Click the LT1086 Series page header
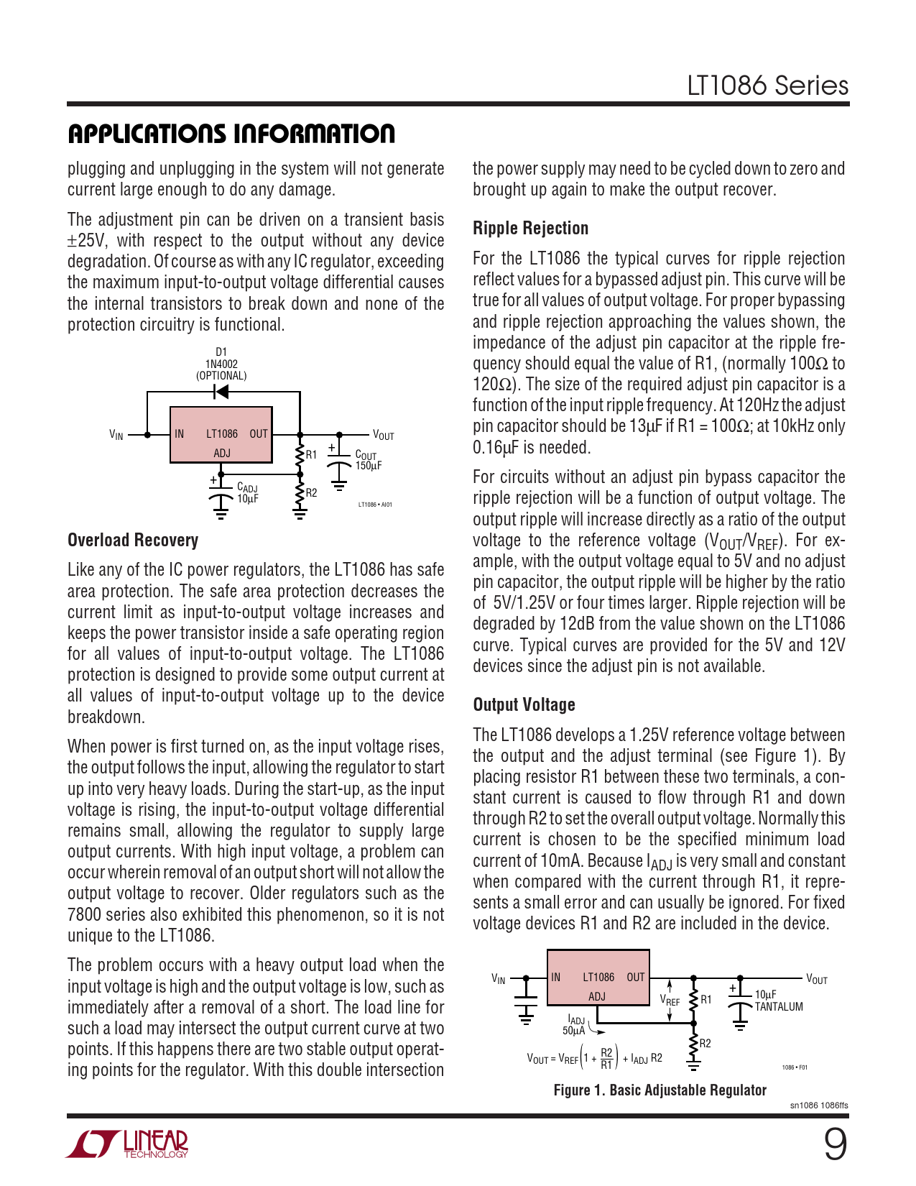[767, 86]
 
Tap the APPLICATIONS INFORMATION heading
[231, 134]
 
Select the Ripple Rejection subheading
[530, 229]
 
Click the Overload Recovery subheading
[133, 541]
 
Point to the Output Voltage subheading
[524, 705]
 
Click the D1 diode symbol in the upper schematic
[221, 392]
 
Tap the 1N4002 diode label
[221, 364]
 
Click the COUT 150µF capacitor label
[368, 461]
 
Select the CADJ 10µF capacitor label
[247, 493]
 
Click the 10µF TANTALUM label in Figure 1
[778, 1001]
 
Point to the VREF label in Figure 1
[670, 1000]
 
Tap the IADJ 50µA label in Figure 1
[575, 1025]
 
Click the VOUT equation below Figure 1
[594, 1059]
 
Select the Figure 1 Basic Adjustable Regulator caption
[660, 1090]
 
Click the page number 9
[835, 1145]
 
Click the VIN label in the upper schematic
[116, 435]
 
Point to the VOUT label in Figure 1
[816, 979]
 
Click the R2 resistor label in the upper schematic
[311, 493]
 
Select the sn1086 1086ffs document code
[818, 1105]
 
